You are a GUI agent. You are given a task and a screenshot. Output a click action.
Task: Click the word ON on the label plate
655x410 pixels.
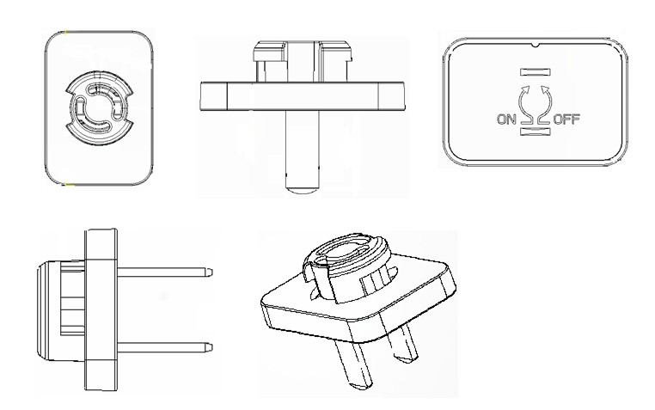pos(506,119)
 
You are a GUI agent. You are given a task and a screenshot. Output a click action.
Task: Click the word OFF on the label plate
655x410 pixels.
pos(566,119)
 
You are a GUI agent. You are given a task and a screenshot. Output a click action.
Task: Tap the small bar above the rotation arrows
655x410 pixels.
pos(536,72)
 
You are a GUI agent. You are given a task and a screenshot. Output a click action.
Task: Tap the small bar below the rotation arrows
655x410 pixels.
pos(536,132)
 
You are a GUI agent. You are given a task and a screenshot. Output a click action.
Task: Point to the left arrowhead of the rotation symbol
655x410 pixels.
pos(525,89)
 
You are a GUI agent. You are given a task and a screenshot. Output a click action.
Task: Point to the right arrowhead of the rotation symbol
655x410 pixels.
pos(545,89)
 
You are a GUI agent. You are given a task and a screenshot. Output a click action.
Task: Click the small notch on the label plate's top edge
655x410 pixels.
pos(536,45)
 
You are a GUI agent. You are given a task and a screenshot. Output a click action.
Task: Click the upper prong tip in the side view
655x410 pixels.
pos(209,272)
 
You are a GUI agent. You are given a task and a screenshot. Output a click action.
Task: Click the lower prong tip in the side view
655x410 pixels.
pos(209,347)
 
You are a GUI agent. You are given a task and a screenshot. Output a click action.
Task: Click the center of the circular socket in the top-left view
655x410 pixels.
pos(99,108)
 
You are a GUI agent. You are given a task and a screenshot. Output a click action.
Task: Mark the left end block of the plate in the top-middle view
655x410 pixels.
pos(214,96)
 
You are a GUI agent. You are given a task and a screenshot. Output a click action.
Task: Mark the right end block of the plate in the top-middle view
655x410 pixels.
pos(391,96)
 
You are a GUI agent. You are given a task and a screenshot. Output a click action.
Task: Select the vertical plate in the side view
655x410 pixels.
pos(101,309)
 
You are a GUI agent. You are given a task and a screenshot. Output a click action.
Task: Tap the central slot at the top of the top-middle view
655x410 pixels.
pos(303,61)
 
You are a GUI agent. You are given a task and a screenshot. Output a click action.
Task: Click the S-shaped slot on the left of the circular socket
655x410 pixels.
pos(80,109)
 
